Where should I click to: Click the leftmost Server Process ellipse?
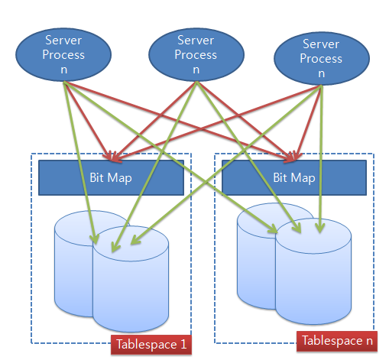63,54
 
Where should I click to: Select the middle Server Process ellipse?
196,54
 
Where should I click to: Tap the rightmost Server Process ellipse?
322,58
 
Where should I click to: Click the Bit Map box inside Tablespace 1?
111,177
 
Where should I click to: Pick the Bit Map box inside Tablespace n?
294,177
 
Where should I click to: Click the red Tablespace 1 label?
151,345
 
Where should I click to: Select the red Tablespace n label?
337,341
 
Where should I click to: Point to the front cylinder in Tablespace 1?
131,279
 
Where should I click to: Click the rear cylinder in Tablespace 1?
74,264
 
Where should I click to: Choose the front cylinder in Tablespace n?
313,271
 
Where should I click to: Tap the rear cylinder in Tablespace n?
256,256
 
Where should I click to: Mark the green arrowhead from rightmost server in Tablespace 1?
135,240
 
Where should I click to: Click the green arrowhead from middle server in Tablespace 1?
115,247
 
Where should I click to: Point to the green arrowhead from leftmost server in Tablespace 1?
95,239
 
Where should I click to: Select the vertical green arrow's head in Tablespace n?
320,227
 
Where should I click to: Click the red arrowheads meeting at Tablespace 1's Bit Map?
112,157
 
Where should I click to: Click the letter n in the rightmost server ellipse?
322,73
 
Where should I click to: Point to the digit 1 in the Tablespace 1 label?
183,345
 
